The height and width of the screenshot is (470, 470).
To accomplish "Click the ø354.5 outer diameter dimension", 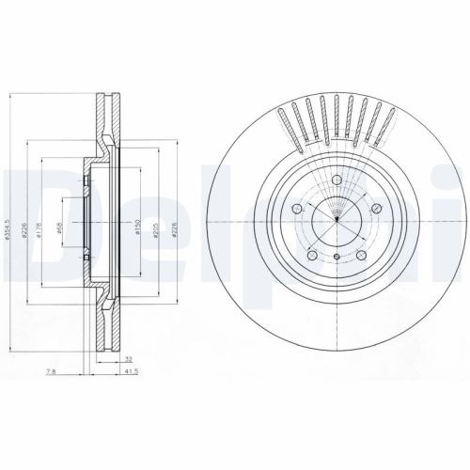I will tap(8, 225).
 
